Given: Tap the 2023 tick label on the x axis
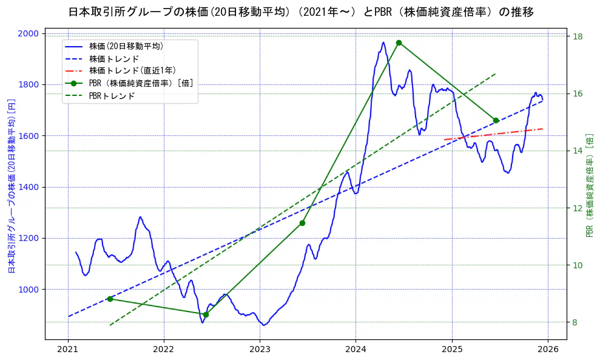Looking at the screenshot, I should tap(260, 350).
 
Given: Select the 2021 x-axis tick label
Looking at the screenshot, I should tap(68, 350).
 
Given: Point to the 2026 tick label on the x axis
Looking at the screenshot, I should tap(548, 350).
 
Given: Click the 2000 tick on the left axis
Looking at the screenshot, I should tap(30, 33).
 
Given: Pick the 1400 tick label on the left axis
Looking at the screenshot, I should tap(30, 187).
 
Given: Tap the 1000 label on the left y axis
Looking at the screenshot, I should tap(30, 290).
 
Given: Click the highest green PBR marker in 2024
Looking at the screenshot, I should tap(399, 42).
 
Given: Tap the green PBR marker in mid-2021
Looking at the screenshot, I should tap(110, 299).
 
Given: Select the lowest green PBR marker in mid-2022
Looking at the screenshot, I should tap(206, 314).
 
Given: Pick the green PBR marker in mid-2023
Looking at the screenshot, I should tap(302, 223).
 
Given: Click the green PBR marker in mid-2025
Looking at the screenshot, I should tap(496, 120).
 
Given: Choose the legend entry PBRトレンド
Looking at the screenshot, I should tap(112, 96).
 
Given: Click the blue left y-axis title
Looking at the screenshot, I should tap(11, 186).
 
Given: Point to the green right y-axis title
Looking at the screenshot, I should tap(590, 186).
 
